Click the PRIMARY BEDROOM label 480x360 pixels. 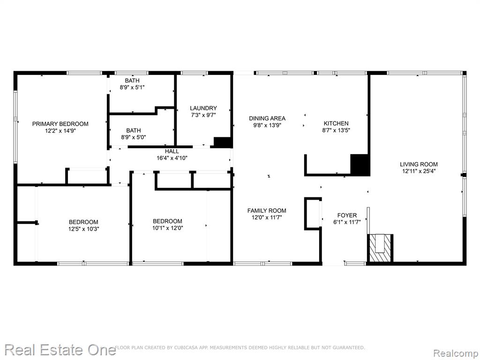[60, 124]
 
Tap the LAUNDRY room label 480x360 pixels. [203, 108]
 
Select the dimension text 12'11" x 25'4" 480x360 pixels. [419, 171]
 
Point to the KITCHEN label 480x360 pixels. [336, 123]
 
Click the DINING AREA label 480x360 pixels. [267, 118]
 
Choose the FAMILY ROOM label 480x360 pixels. [267, 210]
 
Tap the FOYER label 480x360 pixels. [347, 215]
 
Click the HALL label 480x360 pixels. [172, 151]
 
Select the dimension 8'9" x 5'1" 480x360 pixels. [132, 87]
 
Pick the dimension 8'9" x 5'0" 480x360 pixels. [134, 137]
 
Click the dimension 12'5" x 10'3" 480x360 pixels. [83, 229]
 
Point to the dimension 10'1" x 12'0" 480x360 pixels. [167, 228]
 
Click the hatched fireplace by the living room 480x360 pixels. [380, 248]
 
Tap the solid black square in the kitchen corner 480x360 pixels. [360, 165]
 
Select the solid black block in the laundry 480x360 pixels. [223, 142]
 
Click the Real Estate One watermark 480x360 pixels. [60, 350]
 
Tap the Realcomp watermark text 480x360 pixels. [456, 353]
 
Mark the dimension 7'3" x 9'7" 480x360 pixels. [203, 115]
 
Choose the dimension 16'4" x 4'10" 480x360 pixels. [172, 158]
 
